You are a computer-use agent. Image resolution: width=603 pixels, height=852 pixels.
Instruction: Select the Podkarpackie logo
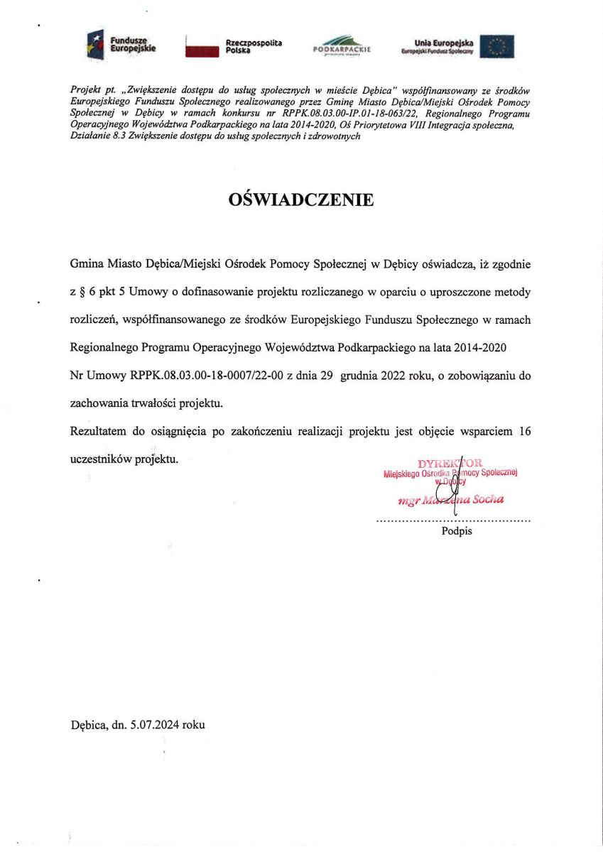coord(342,46)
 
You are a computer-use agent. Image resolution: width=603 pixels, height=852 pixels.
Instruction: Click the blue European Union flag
coord(497,46)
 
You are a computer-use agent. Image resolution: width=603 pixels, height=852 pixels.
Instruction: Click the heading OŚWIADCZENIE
coord(301,200)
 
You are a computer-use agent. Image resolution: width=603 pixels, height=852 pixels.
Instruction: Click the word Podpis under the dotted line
coord(457,531)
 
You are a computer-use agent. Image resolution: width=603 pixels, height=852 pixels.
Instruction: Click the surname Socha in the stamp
coord(488,499)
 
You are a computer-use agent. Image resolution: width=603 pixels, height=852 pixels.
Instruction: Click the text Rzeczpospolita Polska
coord(254,47)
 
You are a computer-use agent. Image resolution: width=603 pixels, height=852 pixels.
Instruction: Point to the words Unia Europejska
coord(443,43)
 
